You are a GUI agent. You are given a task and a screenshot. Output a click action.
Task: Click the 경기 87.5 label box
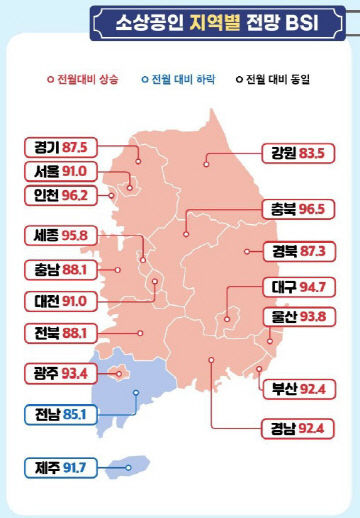(x=61, y=147)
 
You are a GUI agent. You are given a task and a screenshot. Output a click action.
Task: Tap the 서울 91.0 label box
(x=61, y=171)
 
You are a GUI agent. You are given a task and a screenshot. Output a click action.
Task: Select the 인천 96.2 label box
(x=61, y=196)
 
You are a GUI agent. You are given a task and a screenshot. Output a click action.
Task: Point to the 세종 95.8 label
(x=61, y=237)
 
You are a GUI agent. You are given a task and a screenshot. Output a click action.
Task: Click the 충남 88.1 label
(x=61, y=269)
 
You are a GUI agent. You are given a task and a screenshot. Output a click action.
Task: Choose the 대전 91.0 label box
(x=61, y=300)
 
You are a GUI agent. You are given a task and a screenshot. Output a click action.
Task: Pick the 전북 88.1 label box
(x=61, y=334)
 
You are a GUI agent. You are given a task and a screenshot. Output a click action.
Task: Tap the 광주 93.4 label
(x=61, y=374)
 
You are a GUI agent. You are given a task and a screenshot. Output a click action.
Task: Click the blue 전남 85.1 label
(x=61, y=413)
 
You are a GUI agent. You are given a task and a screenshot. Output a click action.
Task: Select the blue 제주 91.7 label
(x=61, y=466)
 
